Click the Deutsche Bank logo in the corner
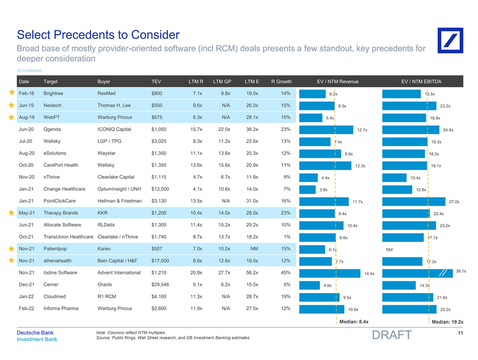[450, 40]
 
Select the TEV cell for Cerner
[161, 285]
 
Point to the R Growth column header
[281, 82]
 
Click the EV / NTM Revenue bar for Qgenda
[328, 130]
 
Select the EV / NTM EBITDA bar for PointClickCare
[414, 201]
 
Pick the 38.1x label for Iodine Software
[460, 271]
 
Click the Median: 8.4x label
[354, 322]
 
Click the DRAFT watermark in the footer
[391, 336]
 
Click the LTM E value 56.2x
[251, 273]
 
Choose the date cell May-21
[26, 213]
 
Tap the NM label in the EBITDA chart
[389, 249]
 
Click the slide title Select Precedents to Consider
[98, 35]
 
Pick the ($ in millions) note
[29, 70]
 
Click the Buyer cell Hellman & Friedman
[119, 201]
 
